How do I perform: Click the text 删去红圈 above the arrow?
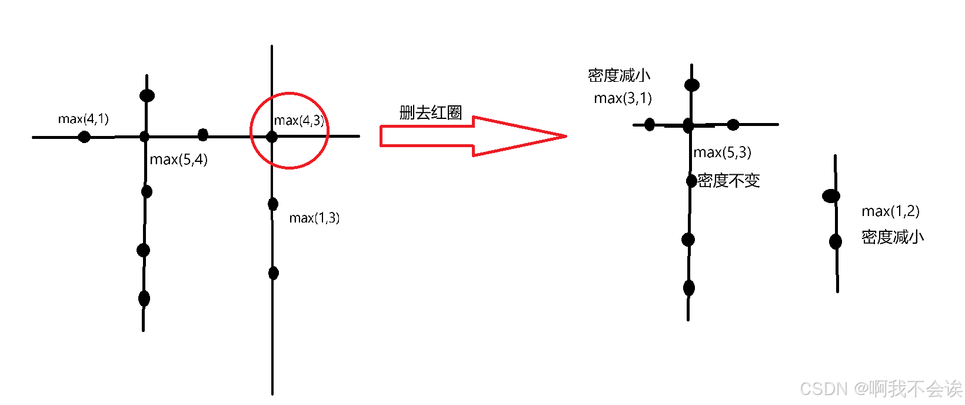point(431,112)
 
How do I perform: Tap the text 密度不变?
point(729,181)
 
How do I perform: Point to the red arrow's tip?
point(565,136)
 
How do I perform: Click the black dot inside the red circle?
point(272,137)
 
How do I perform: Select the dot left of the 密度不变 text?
point(692,180)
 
